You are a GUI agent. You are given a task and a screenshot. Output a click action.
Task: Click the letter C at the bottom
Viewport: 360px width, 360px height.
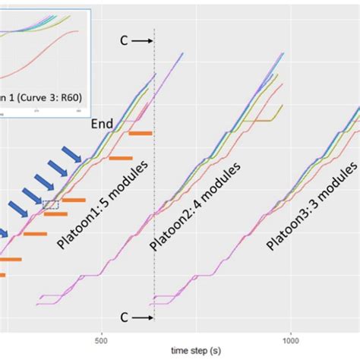tap(124, 317)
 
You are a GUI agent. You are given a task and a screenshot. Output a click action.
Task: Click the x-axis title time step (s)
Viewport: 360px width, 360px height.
tap(191, 350)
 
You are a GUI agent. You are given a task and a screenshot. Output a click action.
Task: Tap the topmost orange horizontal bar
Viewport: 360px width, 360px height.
tap(141, 134)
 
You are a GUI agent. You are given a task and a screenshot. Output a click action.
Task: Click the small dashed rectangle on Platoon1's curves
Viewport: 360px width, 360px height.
tap(51, 204)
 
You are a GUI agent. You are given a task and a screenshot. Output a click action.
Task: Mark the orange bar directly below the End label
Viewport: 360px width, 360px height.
tap(121, 159)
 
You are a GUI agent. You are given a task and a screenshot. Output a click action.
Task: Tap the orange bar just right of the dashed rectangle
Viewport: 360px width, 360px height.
tap(74, 201)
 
